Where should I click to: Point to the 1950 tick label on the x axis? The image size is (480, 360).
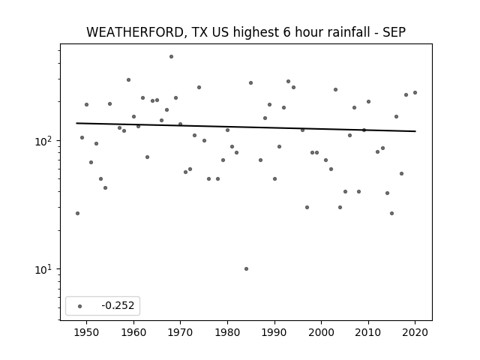87,332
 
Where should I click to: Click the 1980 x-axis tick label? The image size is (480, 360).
227,332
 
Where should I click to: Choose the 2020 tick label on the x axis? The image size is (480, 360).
415,332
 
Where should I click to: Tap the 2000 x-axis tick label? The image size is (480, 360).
322,332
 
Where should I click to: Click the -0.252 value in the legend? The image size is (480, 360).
118,305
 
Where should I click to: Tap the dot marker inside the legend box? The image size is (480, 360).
80,306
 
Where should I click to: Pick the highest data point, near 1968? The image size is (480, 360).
172,57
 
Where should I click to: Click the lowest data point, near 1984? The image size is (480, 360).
247,268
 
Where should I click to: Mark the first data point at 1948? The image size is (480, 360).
77,213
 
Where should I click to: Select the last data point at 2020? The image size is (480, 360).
415,92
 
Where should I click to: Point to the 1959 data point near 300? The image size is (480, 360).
128,80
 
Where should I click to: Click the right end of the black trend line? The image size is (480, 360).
415,131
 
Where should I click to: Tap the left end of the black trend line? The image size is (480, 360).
76,123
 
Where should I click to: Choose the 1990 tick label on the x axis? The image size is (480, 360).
274,332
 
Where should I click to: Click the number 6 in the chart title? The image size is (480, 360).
286,32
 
